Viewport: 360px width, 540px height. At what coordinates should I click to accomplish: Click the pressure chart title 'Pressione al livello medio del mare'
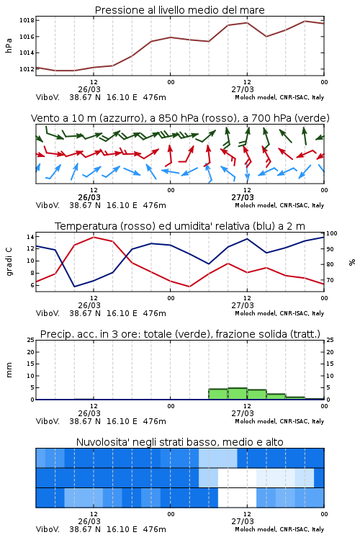(179, 10)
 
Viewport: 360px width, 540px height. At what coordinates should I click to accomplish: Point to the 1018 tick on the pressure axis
(27, 20)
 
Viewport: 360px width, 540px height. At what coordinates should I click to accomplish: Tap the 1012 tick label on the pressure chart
(27, 69)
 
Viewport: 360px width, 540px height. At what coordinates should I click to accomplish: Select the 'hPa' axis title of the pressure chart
(9, 45)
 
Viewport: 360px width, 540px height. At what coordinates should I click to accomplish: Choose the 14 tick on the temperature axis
(30, 237)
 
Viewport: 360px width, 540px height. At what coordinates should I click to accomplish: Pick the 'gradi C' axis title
(9, 262)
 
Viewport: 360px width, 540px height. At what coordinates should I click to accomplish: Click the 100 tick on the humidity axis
(332, 233)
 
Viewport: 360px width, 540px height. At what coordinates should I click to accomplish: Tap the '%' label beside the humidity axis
(352, 262)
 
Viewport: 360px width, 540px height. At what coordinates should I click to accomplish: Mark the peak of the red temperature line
(94, 237)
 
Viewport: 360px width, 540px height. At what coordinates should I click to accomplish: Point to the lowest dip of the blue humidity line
(75, 286)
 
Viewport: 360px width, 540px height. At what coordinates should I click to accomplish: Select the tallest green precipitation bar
(238, 394)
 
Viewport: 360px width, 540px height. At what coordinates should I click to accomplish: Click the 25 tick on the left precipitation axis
(31, 340)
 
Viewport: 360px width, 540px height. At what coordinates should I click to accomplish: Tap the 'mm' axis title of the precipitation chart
(9, 370)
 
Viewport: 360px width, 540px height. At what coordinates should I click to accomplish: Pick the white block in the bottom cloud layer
(237, 498)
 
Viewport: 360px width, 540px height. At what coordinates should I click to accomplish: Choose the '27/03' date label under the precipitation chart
(243, 413)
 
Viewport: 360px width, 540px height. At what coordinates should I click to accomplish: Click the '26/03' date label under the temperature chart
(89, 305)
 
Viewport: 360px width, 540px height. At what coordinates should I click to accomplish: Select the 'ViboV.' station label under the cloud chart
(48, 529)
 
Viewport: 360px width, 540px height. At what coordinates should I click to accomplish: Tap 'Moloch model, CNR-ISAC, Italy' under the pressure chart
(279, 97)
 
